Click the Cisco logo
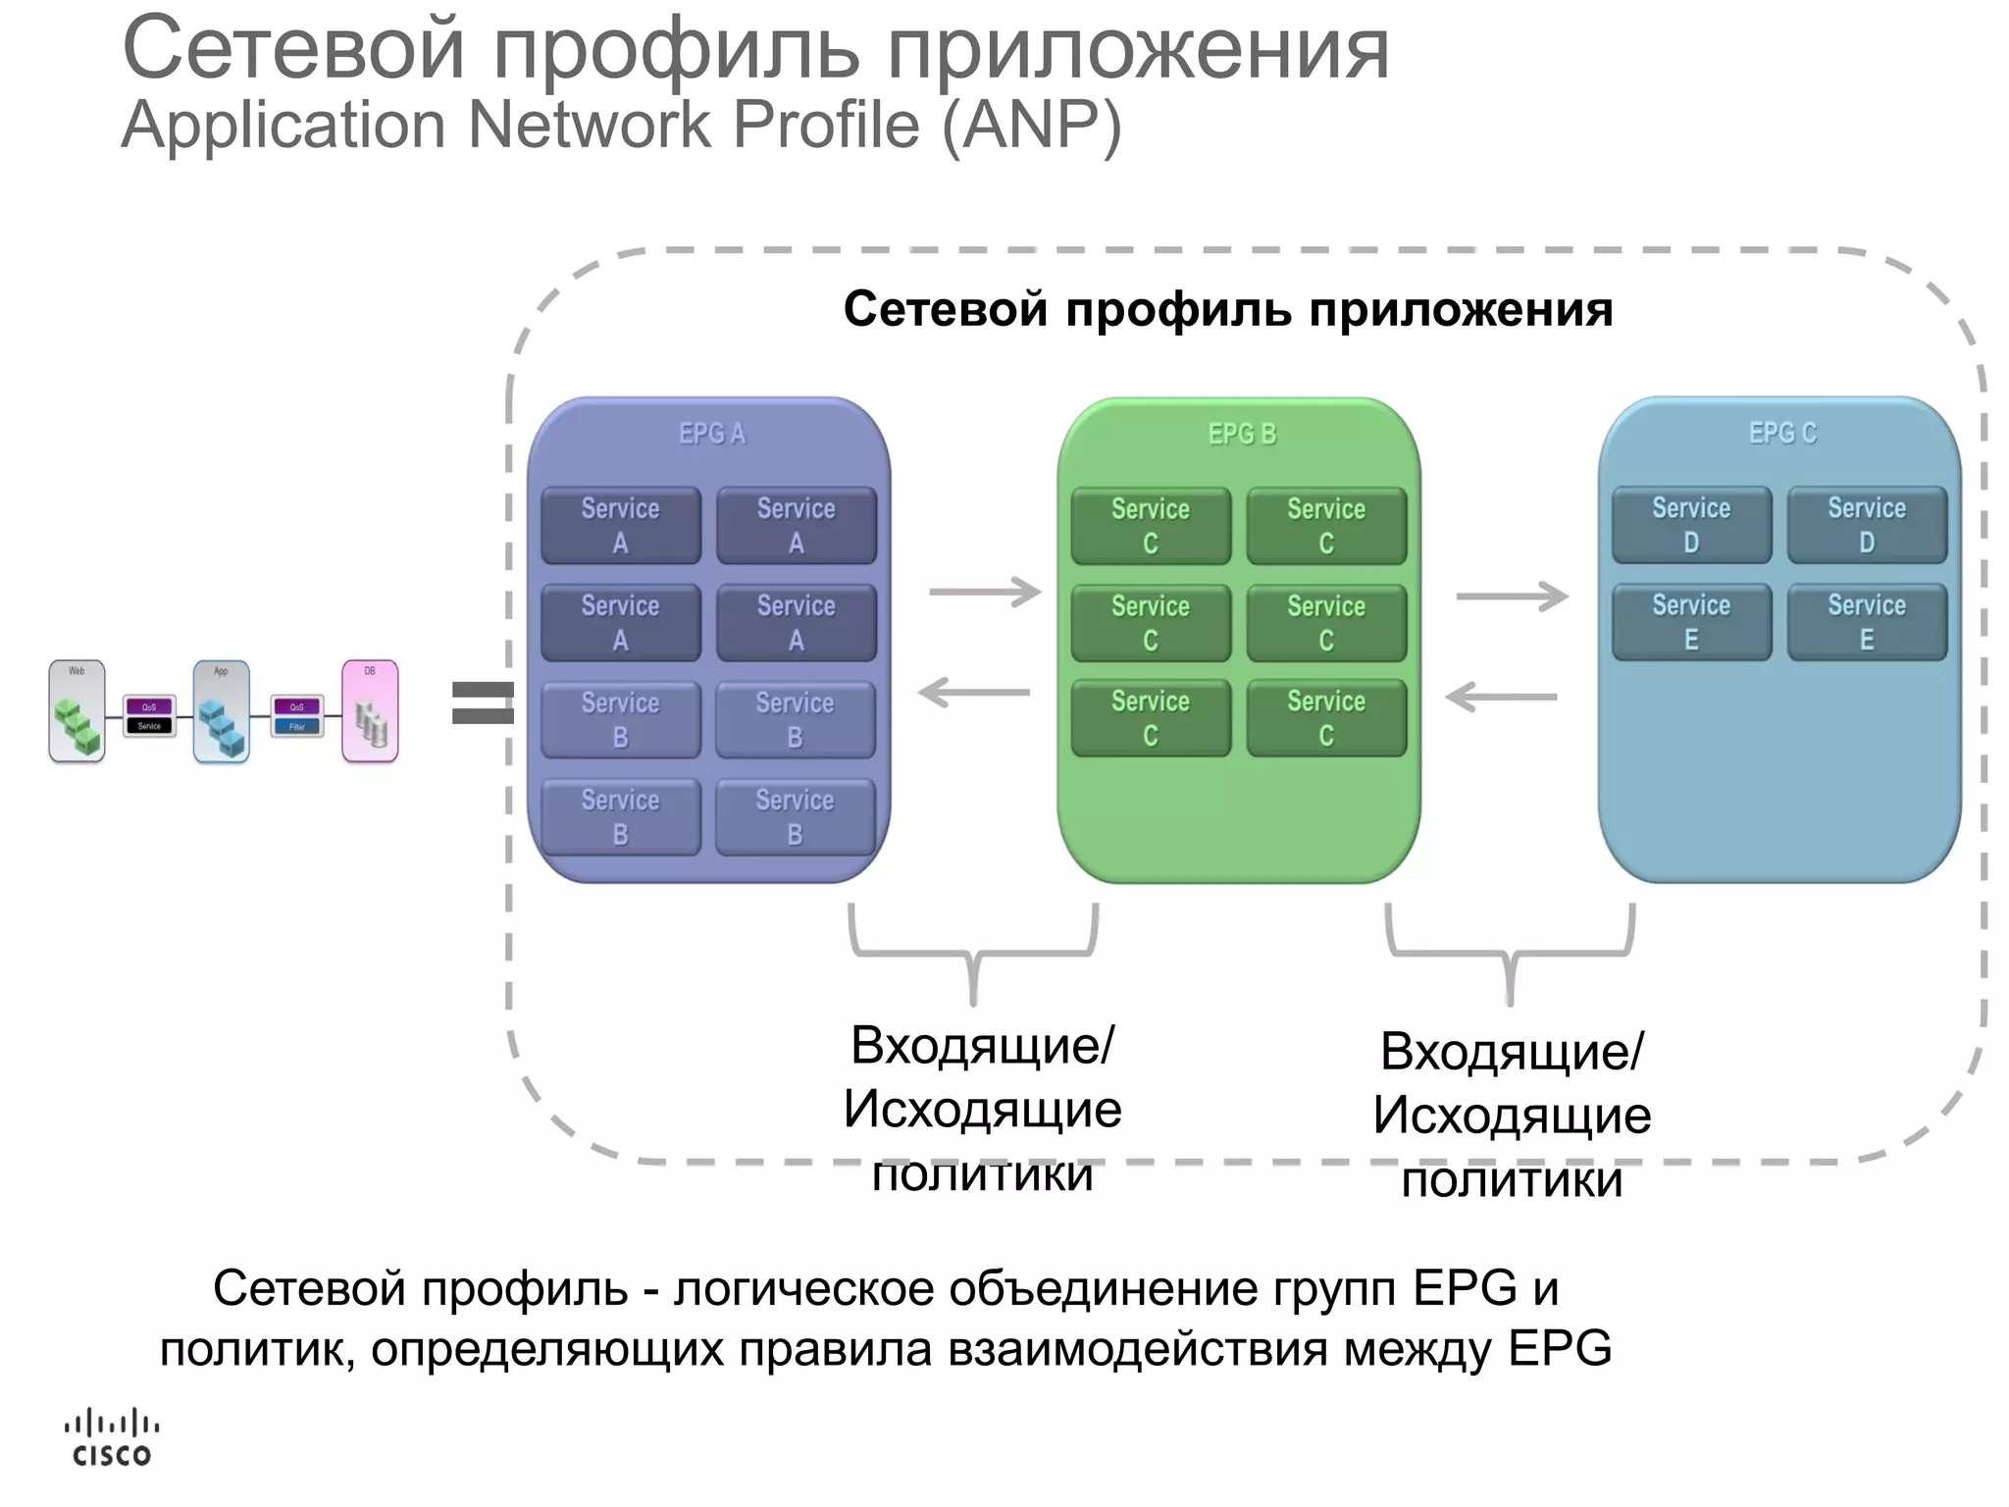(x=111, y=1439)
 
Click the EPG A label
(x=712, y=434)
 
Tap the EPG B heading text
(x=1242, y=434)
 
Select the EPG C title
(x=1782, y=433)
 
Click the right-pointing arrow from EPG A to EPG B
(x=984, y=592)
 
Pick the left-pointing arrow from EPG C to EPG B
(x=1501, y=698)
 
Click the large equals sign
(x=482, y=702)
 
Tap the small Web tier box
(x=77, y=712)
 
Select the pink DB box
(x=370, y=712)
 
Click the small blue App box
(x=222, y=712)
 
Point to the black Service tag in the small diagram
(x=149, y=726)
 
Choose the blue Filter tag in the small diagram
(x=297, y=727)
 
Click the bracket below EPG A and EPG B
(x=973, y=952)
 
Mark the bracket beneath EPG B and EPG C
(x=1510, y=952)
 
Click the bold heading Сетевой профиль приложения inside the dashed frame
(x=1228, y=310)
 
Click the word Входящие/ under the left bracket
(x=982, y=1045)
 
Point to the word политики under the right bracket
(x=1512, y=1179)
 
